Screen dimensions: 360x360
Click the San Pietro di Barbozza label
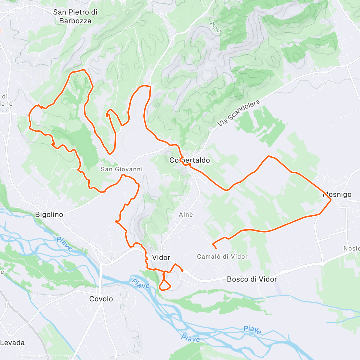click(75, 16)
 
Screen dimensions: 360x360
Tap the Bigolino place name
click(49, 214)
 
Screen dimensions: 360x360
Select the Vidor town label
click(161, 257)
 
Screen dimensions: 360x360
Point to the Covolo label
click(101, 299)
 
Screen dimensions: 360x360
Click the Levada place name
click(12, 343)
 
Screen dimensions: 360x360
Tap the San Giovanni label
click(121, 169)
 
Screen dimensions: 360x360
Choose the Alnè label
click(186, 214)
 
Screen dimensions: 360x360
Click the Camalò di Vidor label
click(222, 256)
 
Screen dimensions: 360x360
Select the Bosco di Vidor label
click(252, 279)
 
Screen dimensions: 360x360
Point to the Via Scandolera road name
click(238, 113)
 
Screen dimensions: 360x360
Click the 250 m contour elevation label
click(215, 27)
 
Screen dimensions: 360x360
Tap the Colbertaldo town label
click(190, 160)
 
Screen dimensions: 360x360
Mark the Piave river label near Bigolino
click(64, 244)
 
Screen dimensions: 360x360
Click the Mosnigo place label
click(337, 194)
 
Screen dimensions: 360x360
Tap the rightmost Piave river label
click(252, 330)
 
